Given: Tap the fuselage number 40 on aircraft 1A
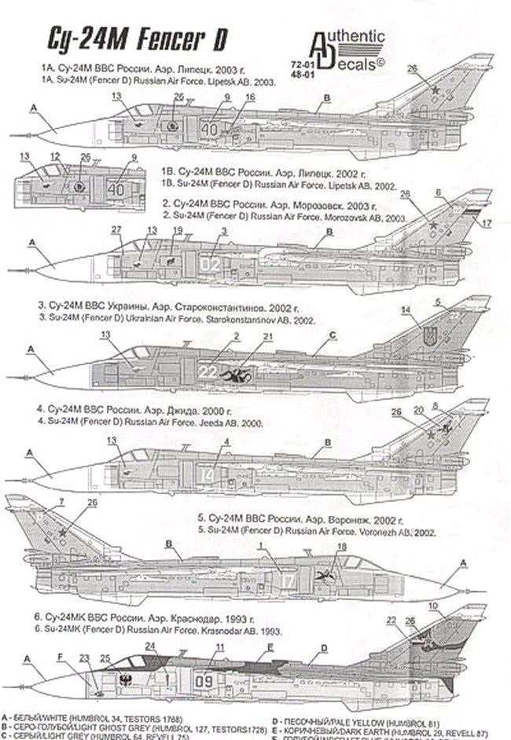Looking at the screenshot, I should pyautogui.click(x=209, y=127).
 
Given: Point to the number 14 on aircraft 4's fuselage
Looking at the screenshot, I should pyautogui.click(x=205, y=474).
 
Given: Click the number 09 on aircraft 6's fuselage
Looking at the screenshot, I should pyautogui.click(x=204, y=681).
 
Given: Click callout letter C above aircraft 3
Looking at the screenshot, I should pyautogui.click(x=332, y=335).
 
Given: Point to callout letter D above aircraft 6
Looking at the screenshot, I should pyautogui.click(x=323, y=649).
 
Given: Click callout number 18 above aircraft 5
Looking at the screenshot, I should pyautogui.click(x=341, y=547).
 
